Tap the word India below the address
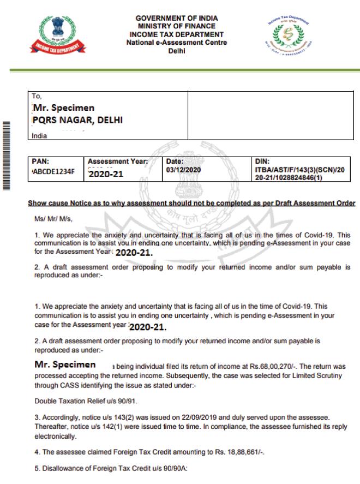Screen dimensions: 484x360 40,135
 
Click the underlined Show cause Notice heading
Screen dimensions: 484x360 191,204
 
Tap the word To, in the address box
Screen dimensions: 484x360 37,95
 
